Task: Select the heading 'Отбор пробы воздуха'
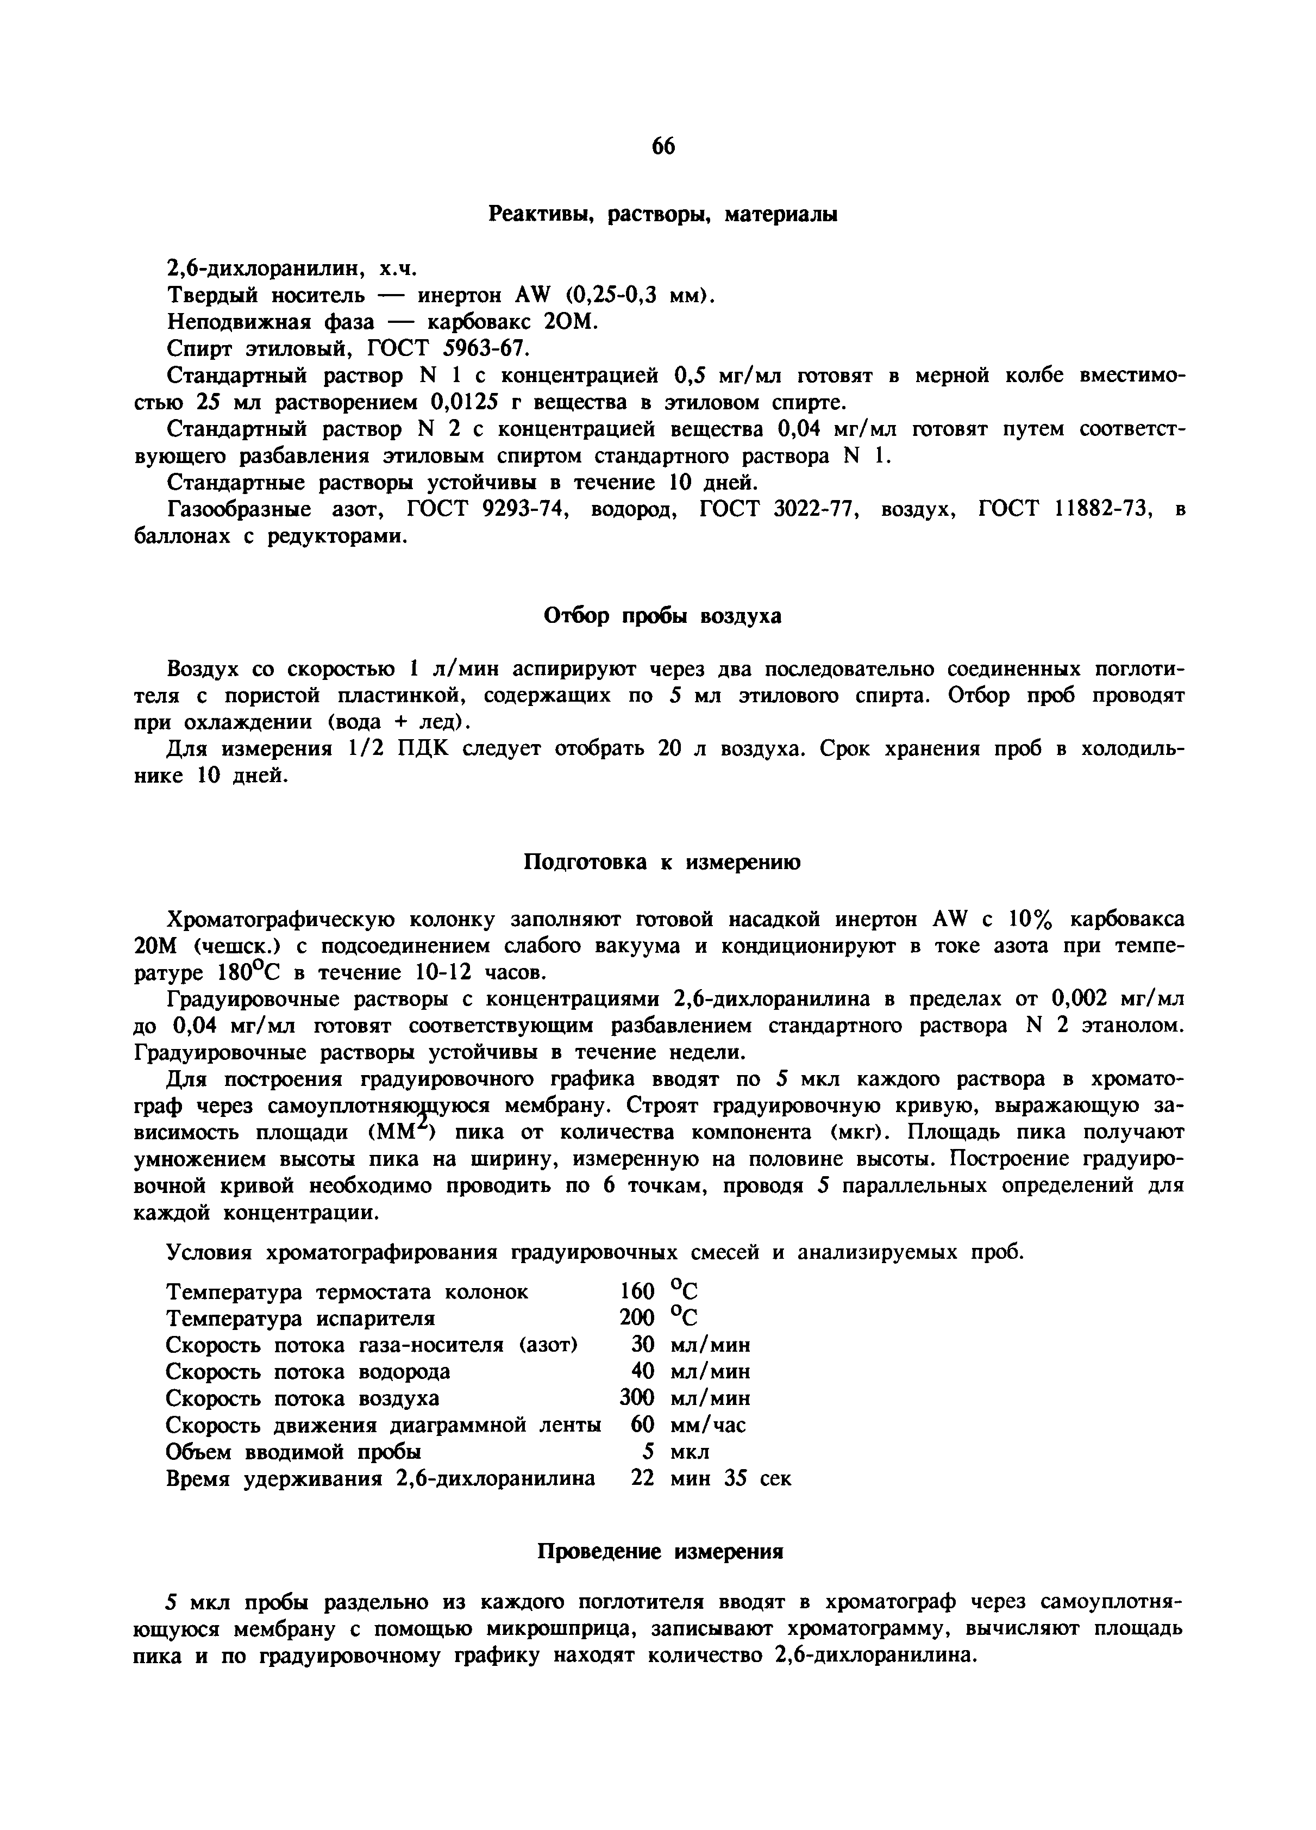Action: pos(662,616)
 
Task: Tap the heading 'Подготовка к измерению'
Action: pos(662,863)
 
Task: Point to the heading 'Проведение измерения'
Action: pos(661,1552)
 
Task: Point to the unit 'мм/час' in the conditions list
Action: pos(707,1425)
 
